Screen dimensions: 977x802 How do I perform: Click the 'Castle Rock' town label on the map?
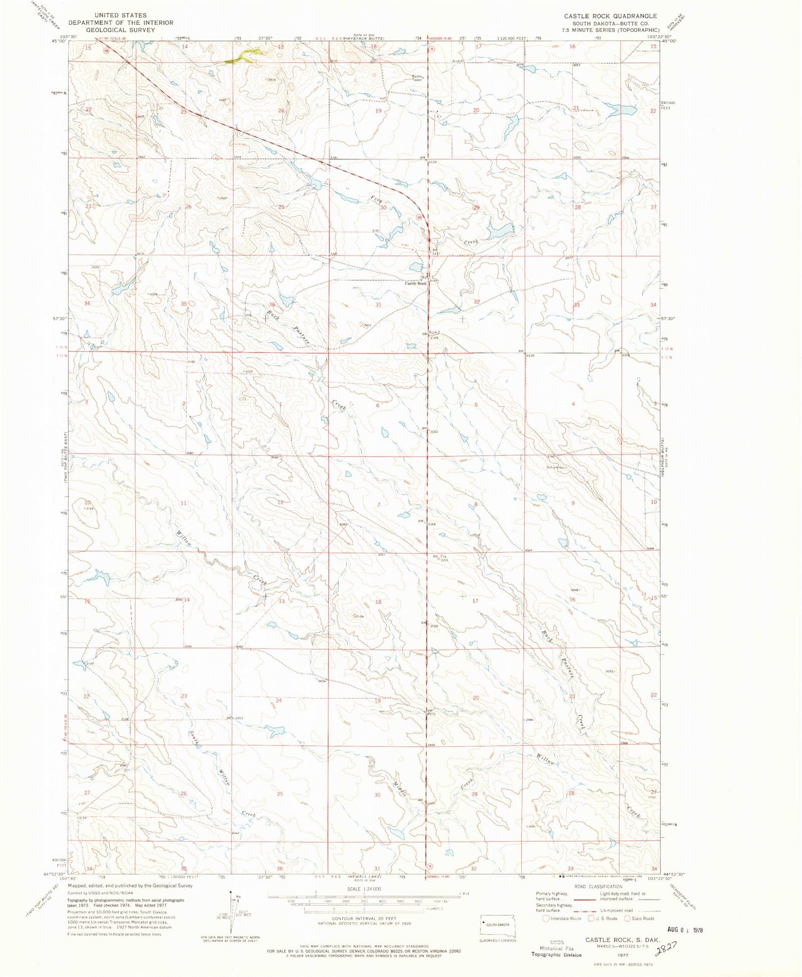point(415,283)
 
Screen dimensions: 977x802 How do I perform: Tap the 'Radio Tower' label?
point(417,78)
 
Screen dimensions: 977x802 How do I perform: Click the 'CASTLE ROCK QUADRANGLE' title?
point(610,16)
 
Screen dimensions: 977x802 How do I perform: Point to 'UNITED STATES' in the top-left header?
point(119,16)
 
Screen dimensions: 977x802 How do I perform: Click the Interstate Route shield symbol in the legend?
point(546,918)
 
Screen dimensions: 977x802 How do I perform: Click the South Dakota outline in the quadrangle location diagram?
point(498,925)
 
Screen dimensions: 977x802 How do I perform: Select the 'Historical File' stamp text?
point(556,948)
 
